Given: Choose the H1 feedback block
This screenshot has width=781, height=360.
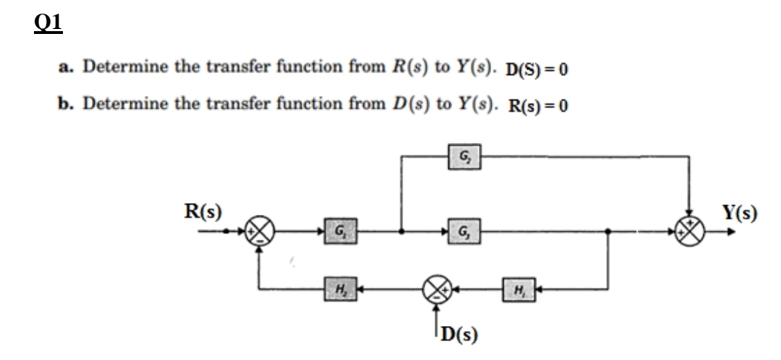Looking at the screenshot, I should click(x=514, y=289).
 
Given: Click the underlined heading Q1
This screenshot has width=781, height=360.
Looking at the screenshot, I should click(x=48, y=23).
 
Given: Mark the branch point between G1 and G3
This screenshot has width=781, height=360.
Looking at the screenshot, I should click(x=402, y=231).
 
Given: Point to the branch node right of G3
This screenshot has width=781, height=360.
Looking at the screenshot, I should click(x=608, y=231).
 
